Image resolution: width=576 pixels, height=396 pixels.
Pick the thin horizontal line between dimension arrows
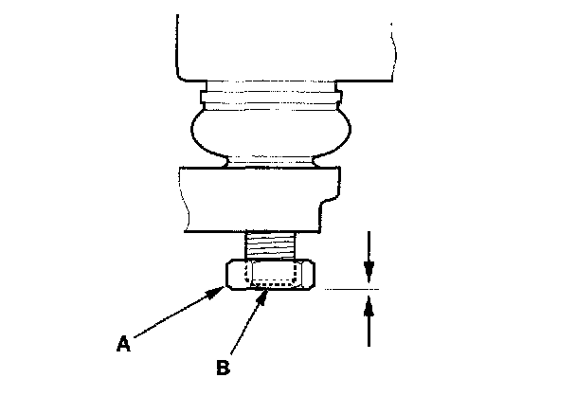pos(351,288)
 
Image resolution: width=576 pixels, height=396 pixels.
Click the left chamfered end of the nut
pos(230,275)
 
